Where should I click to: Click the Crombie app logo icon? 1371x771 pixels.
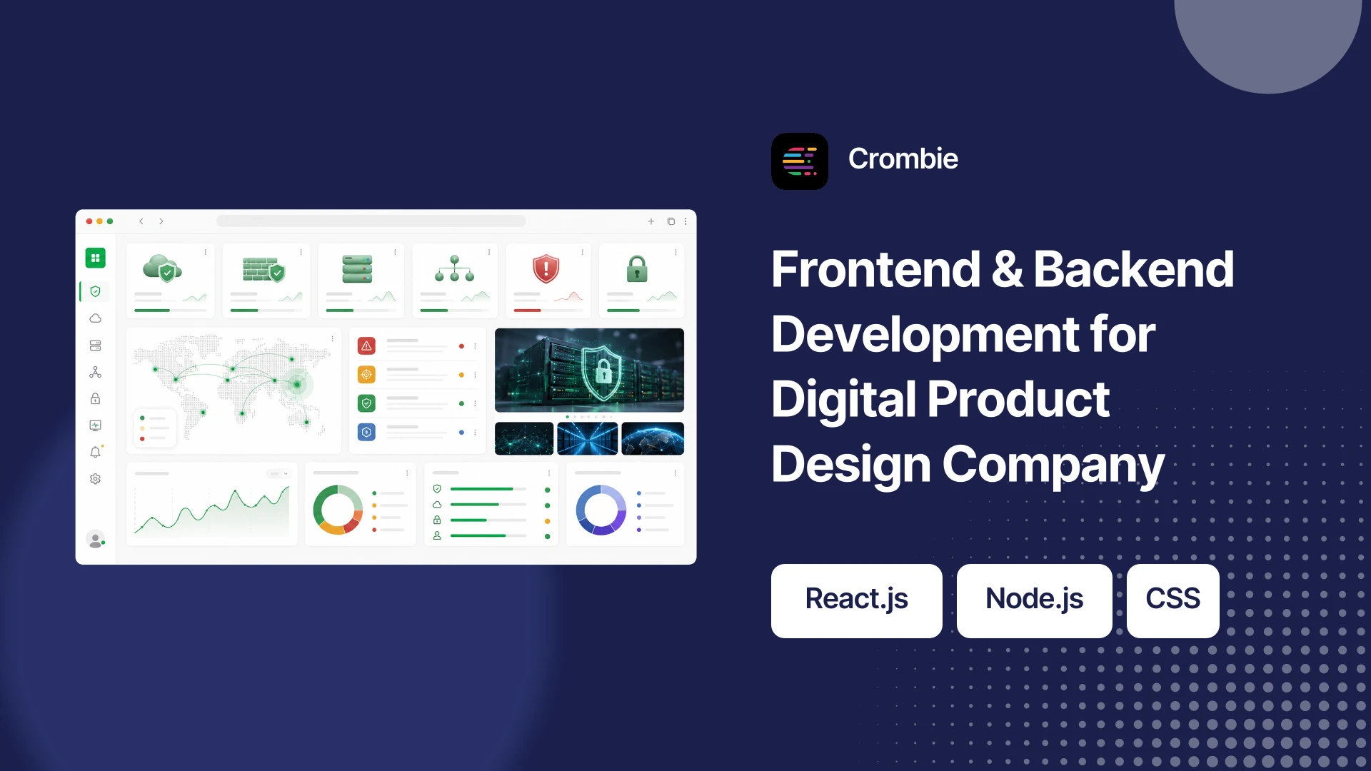point(800,161)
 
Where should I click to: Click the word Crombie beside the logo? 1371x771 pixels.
point(903,158)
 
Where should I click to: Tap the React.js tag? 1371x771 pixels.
point(857,600)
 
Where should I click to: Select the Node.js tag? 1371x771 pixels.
point(1035,600)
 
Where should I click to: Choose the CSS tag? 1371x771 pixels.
point(1173,600)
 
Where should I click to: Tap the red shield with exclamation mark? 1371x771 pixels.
point(546,268)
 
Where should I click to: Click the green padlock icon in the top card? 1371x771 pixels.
point(637,269)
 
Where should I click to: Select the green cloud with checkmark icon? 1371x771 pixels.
point(162,268)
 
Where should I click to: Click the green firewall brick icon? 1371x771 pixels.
point(263,269)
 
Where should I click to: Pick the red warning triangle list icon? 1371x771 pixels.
point(366,346)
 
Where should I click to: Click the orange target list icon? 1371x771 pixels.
point(366,375)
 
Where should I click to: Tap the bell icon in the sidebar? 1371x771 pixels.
point(95,452)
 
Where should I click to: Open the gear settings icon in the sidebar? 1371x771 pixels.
point(95,479)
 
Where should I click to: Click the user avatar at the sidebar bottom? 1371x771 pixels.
point(95,539)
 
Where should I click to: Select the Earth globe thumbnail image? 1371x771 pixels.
point(653,438)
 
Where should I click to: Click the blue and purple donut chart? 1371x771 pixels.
point(601,510)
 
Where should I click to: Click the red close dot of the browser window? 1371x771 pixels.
point(89,221)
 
